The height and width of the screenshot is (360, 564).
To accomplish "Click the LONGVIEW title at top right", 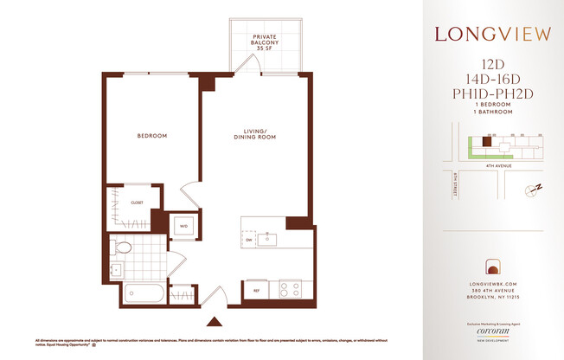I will [x=494, y=35].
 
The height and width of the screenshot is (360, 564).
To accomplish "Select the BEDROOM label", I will [x=151, y=136].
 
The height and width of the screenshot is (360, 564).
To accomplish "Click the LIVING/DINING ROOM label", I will [x=252, y=136].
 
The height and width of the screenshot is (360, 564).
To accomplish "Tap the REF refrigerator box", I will [x=257, y=291].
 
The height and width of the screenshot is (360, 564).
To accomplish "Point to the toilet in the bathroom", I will [x=123, y=248].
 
